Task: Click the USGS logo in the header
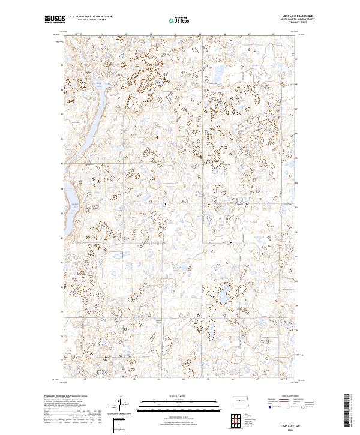(55, 19)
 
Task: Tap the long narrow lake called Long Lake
(92, 116)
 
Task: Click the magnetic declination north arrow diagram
(121, 404)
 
